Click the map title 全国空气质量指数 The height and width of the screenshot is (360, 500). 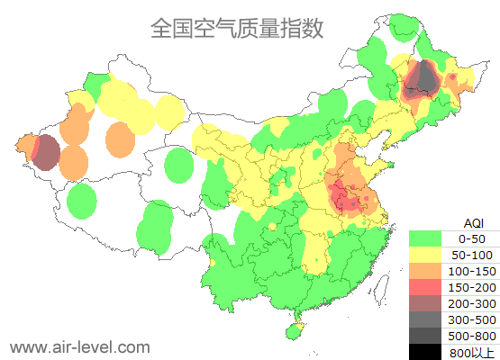coord(237,29)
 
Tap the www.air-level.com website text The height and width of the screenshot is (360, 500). coord(79,346)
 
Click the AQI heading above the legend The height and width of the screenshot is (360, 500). coord(472,222)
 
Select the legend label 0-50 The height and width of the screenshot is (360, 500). coord(471,238)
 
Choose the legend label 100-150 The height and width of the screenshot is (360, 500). coord(471,270)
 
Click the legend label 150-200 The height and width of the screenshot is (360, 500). coord(471,286)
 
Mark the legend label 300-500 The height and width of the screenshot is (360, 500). coord(471,319)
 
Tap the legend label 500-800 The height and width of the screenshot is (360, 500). coord(471,335)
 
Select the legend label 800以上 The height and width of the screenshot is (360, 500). coord(471,351)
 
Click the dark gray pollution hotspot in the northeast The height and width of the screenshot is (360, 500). coord(422,79)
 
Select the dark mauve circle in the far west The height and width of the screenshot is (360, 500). coord(46,152)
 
